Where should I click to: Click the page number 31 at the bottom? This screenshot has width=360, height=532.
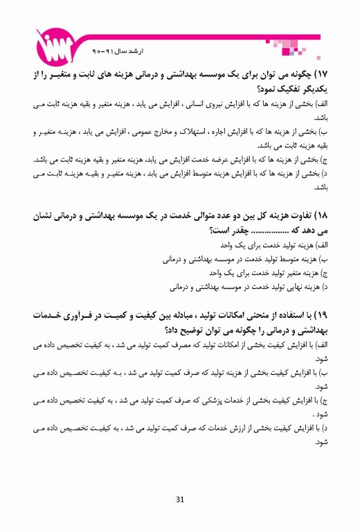[x=180, y=500]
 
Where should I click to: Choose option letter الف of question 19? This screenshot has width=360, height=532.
[x=320, y=344]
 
